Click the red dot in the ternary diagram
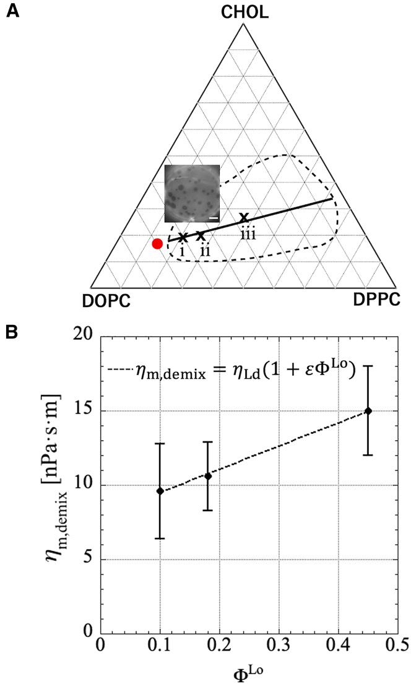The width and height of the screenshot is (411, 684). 157,244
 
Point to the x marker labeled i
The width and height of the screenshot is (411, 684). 183,237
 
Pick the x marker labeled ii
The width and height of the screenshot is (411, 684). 200,235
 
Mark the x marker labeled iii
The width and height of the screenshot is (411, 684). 244,217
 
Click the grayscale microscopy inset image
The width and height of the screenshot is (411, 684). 192,194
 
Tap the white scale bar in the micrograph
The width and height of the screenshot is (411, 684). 213,218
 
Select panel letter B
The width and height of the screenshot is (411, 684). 10,332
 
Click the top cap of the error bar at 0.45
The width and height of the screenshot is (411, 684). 368,366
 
